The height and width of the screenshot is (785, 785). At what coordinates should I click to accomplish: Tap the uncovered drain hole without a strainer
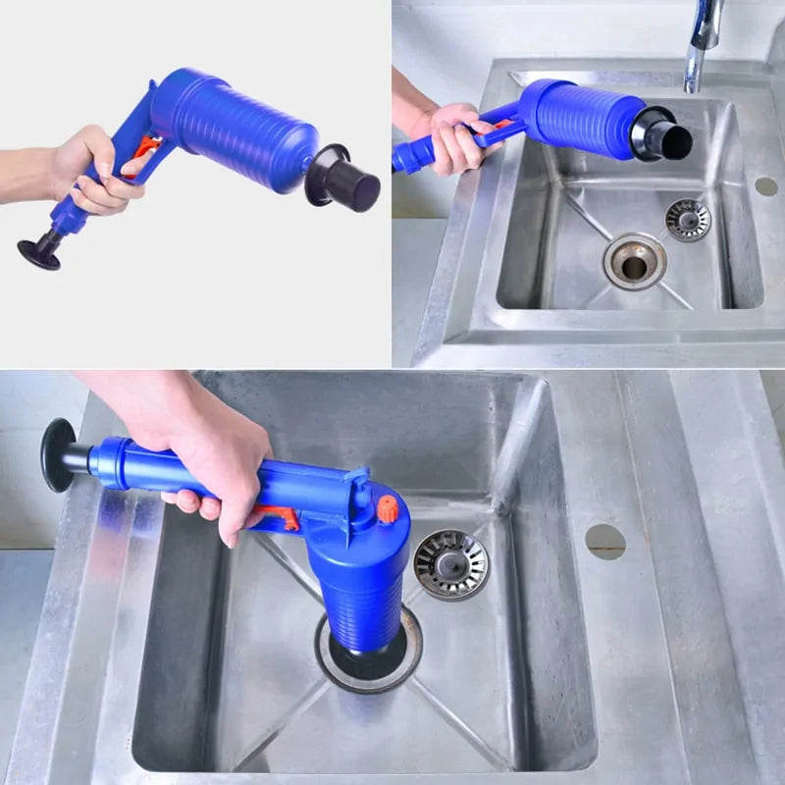tap(634, 262)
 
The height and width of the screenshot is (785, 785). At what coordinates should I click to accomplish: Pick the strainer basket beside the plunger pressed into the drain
tap(450, 564)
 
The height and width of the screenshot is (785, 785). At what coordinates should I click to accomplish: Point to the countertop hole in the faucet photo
tap(765, 185)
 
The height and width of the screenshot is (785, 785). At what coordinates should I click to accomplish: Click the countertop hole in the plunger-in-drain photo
tap(604, 541)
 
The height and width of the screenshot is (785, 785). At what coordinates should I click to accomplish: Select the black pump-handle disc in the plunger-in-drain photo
tap(58, 454)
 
